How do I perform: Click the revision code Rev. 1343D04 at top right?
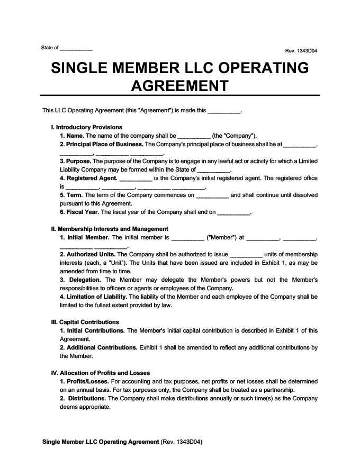[x=301, y=51]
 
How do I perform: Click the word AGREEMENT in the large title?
[x=179, y=85]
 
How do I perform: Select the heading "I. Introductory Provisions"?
[x=86, y=127]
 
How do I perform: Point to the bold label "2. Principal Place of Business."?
[x=102, y=144]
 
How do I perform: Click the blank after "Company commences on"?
[x=212, y=195]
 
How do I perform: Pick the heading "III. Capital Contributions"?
[x=85, y=321]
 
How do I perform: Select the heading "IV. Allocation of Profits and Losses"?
[x=100, y=372]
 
